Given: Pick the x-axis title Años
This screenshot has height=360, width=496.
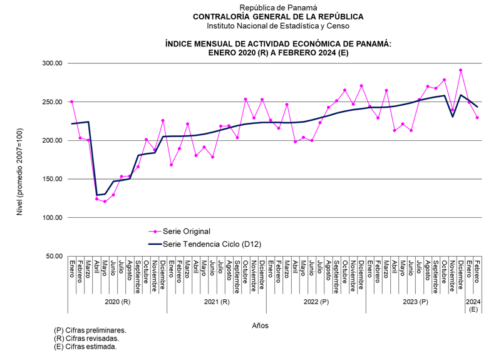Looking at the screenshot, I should coord(261,326).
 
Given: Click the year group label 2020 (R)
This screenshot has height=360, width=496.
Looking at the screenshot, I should coord(117,302).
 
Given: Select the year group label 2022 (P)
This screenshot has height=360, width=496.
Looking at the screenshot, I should coord(316,302).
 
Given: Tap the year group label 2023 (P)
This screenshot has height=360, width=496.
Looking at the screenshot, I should coord(415,302).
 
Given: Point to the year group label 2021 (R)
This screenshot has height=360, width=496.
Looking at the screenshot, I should coord(217,302).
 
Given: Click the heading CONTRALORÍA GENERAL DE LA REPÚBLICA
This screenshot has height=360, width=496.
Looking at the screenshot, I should coord(278,17).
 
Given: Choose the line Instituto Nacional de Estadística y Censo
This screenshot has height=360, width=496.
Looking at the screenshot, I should coord(278,26).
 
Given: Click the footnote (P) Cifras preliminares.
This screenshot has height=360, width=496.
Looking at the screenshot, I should coord(91,330).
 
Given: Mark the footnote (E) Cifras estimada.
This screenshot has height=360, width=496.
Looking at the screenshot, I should coord(86,346).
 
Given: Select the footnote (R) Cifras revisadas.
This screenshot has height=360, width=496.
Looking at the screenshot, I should coord(88,338).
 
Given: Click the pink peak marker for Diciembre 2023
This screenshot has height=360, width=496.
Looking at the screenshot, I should coord(461,70).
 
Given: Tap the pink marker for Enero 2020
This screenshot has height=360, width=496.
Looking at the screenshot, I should coord(72,101).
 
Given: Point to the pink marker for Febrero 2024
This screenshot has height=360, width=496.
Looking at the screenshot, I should coord(477,117).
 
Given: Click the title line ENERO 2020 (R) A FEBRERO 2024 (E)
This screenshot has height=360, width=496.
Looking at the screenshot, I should coord(278,53).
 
